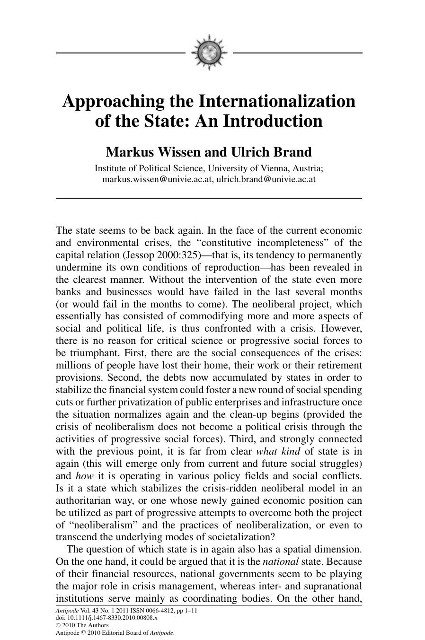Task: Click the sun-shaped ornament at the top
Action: tap(209, 53)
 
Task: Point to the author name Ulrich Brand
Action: tap(271, 152)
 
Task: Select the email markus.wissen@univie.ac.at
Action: tap(158, 179)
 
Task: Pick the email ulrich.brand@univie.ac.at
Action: tap(266, 179)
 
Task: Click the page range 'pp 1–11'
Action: tap(186, 611)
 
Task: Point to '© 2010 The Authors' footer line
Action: tap(82, 625)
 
